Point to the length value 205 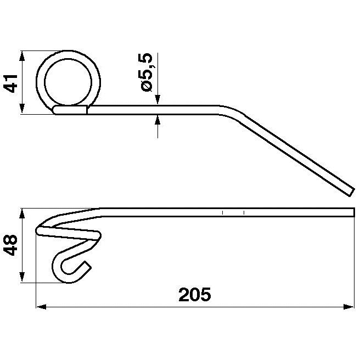pyautogui.click(x=194, y=295)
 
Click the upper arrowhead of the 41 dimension pyautogui.click(x=21, y=55)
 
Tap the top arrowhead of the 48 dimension pyautogui.click(x=21, y=213)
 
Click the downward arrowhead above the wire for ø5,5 pyautogui.click(x=157, y=100)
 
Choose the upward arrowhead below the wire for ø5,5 pyautogui.click(x=157, y=119)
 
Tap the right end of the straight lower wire pyautogui.click(x=353, y=212)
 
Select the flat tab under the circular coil pyautogui.click(x=70, y=110)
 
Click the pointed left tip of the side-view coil pyautogui.click(x=38, y=230)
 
